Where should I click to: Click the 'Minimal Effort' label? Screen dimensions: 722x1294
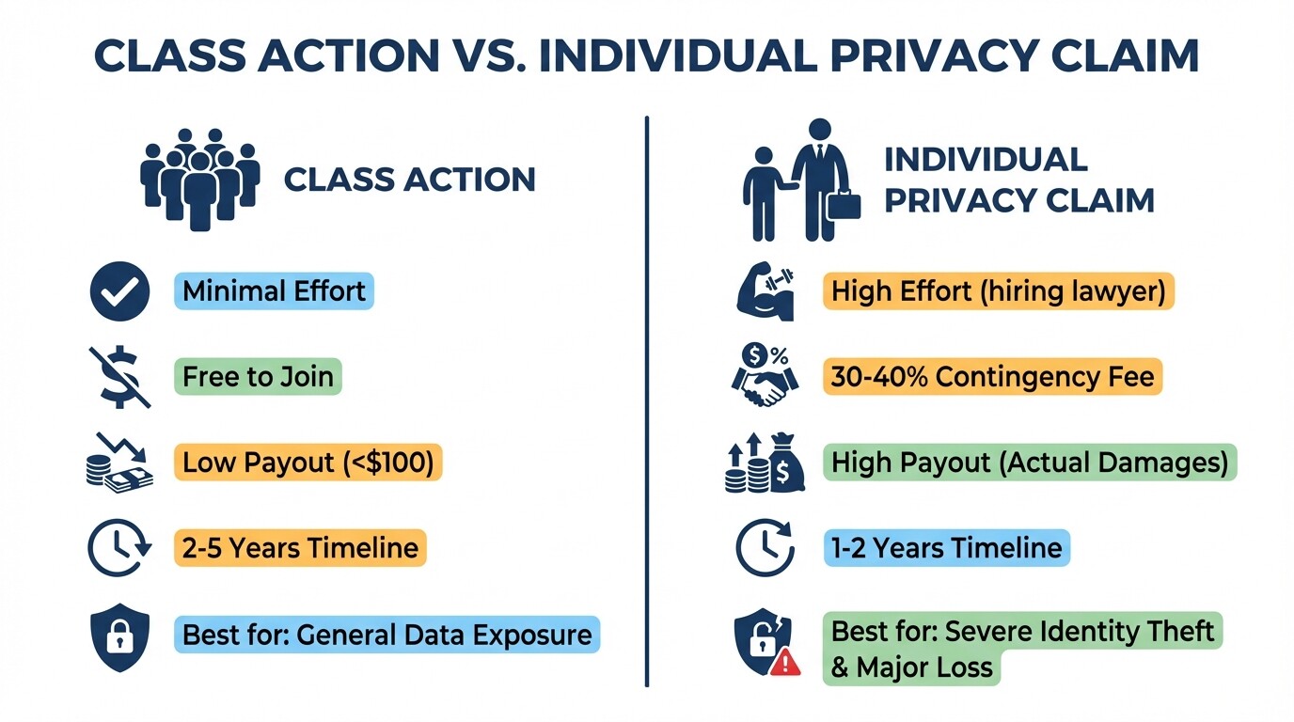coord(274,291)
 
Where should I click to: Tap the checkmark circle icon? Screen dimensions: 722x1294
coord(119,291)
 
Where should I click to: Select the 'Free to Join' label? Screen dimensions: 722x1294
coord(258,377)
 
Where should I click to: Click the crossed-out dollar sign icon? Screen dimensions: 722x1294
coord(119,377)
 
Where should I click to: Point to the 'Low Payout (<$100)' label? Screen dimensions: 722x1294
coord(308,463)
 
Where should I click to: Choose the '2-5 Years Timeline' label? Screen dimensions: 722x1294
coord(300,548)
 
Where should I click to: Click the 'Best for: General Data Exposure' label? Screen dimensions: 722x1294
coord(387,635)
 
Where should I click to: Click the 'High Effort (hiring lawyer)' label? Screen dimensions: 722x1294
coord(998,291)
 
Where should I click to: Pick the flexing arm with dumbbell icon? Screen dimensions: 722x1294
coord(765,291)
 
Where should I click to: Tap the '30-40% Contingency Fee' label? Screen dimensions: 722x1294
coord(992,377)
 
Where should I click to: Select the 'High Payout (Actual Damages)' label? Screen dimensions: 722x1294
coord(1030,463)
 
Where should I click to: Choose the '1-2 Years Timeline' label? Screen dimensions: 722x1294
coord(947,548)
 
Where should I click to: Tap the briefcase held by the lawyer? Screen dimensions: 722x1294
coord(843,204)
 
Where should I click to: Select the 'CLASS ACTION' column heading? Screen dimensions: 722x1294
coord(409,179)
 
